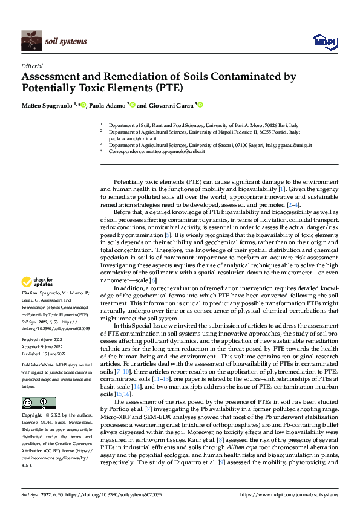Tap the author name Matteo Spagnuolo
click(x=44, y=105)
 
